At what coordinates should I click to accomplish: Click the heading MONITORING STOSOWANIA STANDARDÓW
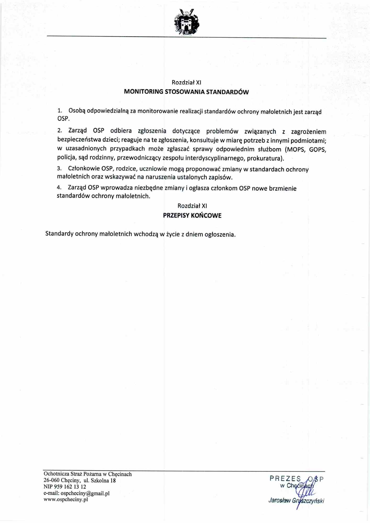click(x=186, y=92)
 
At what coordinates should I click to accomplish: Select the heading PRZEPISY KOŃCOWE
click(x=192, y=215)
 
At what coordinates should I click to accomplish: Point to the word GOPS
click(x=317, y=150)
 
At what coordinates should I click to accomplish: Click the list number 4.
click(x=59, y=187)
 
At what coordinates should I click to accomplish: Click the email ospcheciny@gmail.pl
click(x=85, y=493)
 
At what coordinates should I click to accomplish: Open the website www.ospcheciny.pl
click(x=66, y=499)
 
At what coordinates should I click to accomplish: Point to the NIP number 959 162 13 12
click(x=70, y=487)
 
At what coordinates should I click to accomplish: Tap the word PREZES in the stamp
click(x=285, y=479)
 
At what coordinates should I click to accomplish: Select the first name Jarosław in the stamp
click(x=279, y=501)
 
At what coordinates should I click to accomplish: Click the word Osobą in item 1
click(x=77, y=111)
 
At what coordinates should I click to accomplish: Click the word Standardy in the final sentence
click(x=59, y=234)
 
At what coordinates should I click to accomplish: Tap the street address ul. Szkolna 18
click(x=99, y=480)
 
